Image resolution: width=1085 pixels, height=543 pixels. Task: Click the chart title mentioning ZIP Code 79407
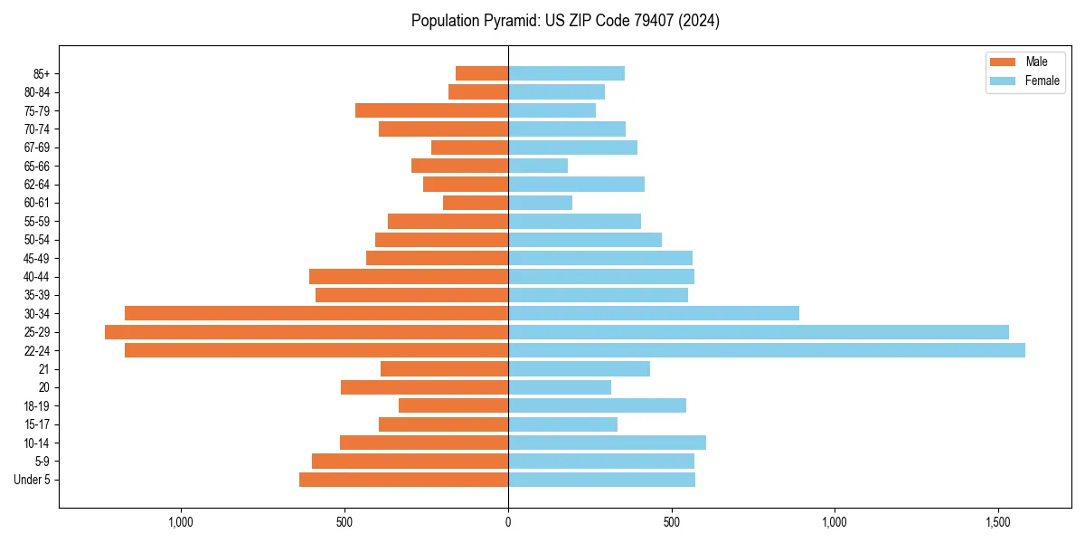click(565, 21)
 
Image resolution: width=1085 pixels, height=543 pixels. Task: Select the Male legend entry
click(1036, 62)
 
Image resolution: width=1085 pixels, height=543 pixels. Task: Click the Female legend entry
click(1042, 81)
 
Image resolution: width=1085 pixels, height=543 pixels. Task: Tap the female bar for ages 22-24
click(766, 350)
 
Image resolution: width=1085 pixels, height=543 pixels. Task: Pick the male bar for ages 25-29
click(307, 332)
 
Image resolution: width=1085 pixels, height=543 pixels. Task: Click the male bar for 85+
click(482, 73)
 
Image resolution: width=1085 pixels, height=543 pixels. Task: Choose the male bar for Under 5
click(403, 480)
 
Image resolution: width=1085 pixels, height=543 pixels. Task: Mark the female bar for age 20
click(560, 387)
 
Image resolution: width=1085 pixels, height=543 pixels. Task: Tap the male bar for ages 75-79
click(431, 110)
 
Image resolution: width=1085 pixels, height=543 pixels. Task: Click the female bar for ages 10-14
click(607, 443)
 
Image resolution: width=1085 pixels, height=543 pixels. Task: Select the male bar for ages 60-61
click(476, 203)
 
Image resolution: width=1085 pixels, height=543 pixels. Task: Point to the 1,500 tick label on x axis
click(997, 522)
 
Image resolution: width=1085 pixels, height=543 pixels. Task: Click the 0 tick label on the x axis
click(508, 522)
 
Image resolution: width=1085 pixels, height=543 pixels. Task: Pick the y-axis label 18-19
click(37, 406)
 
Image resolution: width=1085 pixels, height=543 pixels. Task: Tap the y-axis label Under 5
click(33, 480)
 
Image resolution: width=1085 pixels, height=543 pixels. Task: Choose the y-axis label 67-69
click(37, 148)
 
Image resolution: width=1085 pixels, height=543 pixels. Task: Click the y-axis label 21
click(44, 369)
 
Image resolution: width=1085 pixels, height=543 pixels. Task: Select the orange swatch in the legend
click(1004, 62)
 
